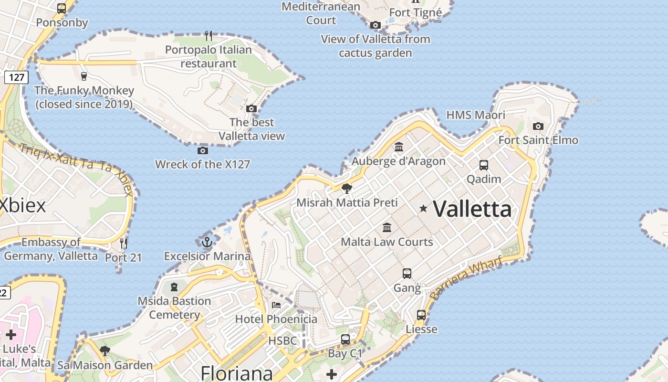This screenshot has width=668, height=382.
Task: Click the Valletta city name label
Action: [472, 209]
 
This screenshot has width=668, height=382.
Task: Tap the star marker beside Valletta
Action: [423, 208]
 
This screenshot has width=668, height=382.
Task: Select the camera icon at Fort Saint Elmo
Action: [538, 126]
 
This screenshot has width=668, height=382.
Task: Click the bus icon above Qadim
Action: [484, 165]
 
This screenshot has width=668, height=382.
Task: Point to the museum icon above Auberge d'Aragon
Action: [399, 147]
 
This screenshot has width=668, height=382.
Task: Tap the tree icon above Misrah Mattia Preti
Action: [347, 188]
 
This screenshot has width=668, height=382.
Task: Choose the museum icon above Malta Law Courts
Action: [387, 227]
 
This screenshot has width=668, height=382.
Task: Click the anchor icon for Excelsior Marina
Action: [207, 242]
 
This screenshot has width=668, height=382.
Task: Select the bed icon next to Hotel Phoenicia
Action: [276, 305]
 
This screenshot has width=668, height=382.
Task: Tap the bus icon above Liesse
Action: [421, 315]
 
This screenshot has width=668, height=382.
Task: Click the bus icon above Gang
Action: [407, 274]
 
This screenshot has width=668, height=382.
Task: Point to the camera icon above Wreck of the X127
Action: [202, 150]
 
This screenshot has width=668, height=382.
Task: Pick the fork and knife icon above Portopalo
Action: [209, 35]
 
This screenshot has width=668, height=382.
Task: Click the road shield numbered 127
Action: [16, 77]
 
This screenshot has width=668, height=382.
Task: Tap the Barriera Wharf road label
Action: [466, 278]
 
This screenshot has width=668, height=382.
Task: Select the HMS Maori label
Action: [475, 115]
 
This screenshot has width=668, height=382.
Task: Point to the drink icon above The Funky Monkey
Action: [84, 76]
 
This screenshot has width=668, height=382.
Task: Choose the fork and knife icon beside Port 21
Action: [124, 243]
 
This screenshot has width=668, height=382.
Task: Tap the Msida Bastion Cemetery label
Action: [174, 308]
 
